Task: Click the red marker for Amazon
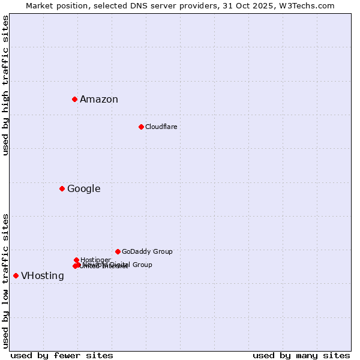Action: tap(74, 99)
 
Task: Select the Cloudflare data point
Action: tap(141, 127)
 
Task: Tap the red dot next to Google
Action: tap(62, 188)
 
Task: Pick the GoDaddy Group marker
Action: tap(118, 251)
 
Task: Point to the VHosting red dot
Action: tap(16, 275)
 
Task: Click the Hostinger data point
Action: tap(76, 260)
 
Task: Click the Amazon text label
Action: tap(99, 100)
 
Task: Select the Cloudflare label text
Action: tap(161, 127)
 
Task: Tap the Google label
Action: tap(83, 189)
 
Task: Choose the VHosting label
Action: tap(42, 276)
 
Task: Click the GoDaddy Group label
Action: tap(147, 251)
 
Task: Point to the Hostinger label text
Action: tap(95, 260)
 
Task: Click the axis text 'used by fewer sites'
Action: tap(62, 355)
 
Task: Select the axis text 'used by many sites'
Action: tap(301, 355)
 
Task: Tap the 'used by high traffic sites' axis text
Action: tap(6, 85)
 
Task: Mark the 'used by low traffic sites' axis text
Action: tap(6, 281)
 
